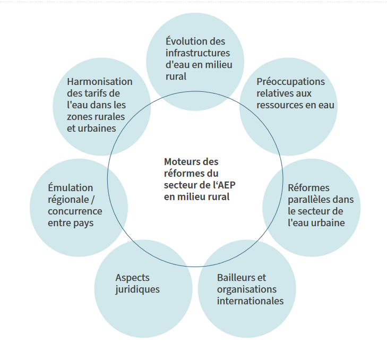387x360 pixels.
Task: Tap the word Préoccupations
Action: [x=290, y=82]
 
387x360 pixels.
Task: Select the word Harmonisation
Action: [x=100, y=82]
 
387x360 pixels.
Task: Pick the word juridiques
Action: [x=137, y=289]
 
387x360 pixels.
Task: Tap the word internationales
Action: [x=250, y=301]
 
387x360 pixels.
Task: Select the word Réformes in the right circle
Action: [x=308, y=187]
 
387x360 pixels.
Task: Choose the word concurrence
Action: [x=75, y=211]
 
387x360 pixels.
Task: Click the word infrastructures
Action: [x=197, y=53]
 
